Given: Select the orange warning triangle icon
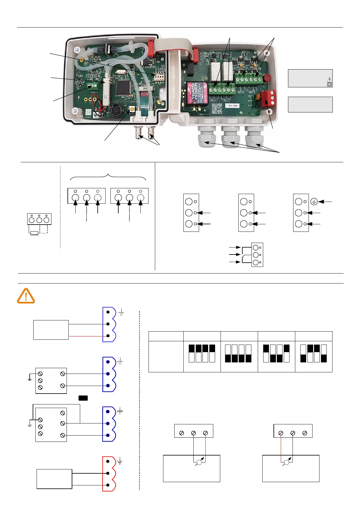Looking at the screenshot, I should [x=26, y=296].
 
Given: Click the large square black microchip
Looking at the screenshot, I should [x=123, y=87].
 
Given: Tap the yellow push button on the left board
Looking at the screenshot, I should [x=132, y=109].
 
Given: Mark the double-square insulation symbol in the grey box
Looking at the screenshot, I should [x=329, y=84].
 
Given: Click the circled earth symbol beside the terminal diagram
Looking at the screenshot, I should [x=314, y=202].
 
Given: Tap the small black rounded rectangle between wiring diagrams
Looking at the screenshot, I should [x=83, y=398].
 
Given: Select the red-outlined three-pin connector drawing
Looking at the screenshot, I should [x=109, y=474].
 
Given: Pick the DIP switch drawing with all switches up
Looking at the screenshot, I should [x=202, y=353].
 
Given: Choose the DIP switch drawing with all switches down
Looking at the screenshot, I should [x=238, y=353].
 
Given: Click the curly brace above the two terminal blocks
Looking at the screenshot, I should [x=108, y=177].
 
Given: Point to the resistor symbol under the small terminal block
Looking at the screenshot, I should [x=34, y=233].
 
